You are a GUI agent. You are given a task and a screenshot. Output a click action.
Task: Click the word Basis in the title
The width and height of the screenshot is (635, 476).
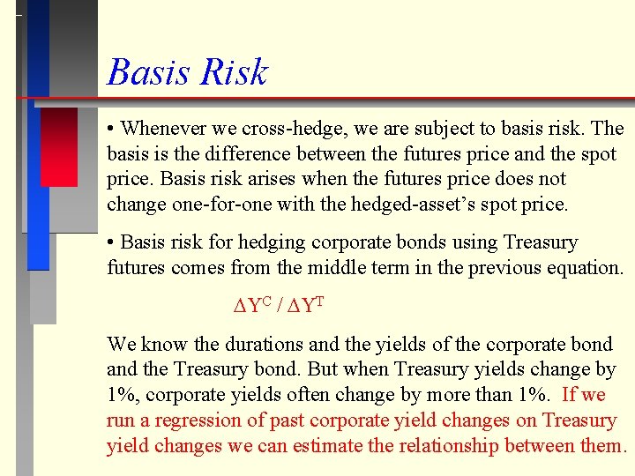[145, 71]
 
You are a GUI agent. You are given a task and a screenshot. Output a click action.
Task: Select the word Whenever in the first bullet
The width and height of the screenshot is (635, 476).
[164, 129]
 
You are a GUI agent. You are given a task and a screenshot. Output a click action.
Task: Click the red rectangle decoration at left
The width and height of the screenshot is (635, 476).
[58, 146]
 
